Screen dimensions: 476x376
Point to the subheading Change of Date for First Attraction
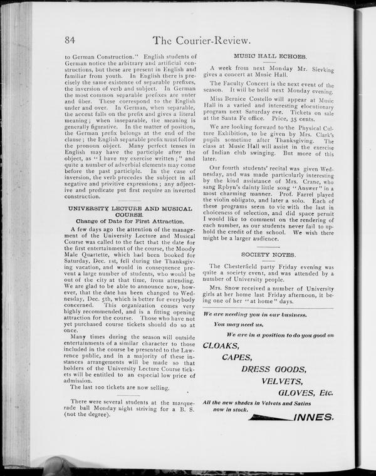point(130,221)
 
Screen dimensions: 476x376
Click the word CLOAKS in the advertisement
point(221,345)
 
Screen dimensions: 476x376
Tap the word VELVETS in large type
point(283,381)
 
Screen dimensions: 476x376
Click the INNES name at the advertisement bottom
point(313,416)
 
